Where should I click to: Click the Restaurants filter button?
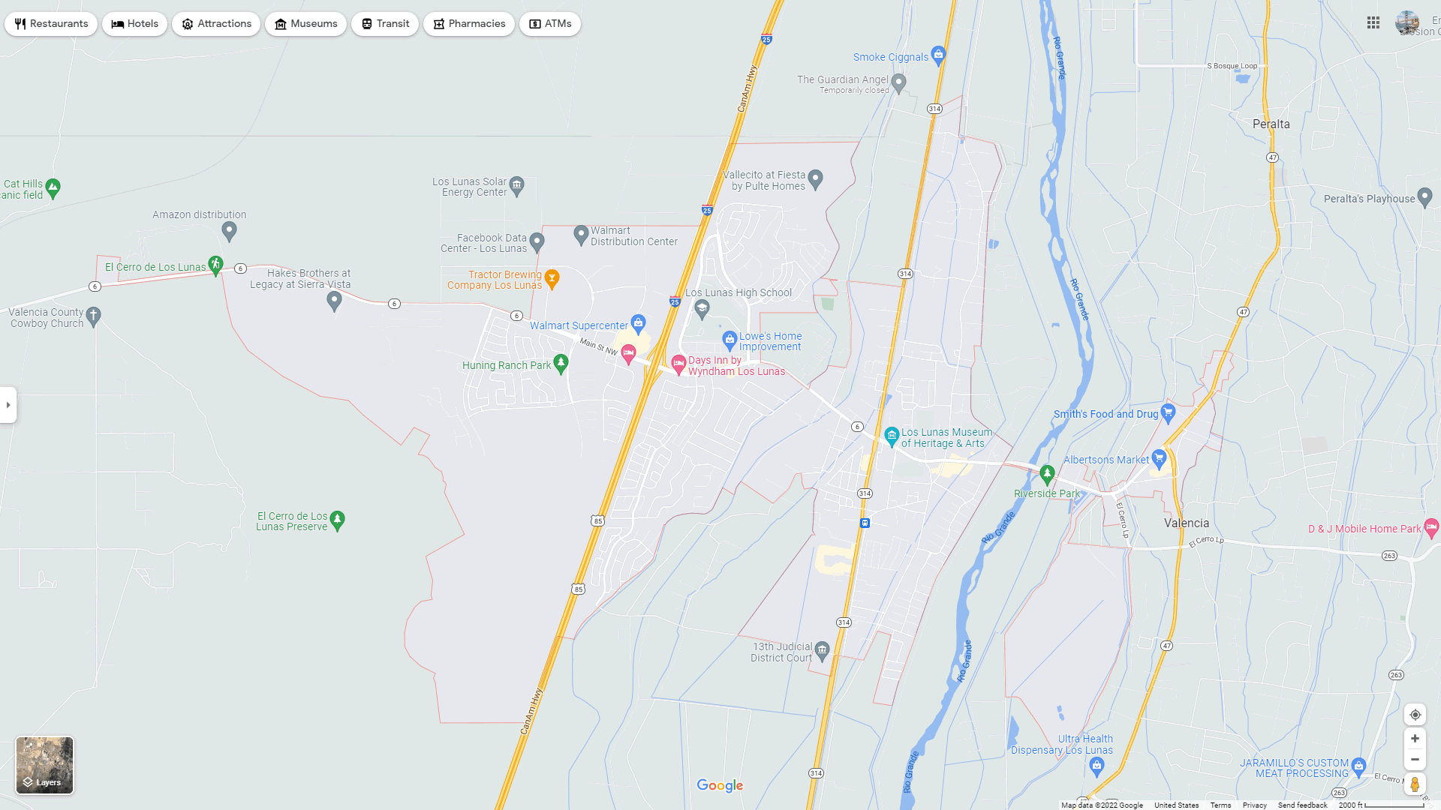point(51,24)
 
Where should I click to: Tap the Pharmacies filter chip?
point(468,24)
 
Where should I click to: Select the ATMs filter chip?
point(550,24)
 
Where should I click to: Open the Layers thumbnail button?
point(45,765)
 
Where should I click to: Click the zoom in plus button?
point(1415,739)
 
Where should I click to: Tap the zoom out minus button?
point(1415,760)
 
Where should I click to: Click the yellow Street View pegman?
point(1415,784)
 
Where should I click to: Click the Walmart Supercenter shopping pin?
point(638,324)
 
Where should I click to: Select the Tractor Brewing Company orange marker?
point(552,278)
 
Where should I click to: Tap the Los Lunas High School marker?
point(702,307)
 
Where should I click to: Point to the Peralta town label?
point(1271,124)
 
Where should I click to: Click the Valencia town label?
point(1187,523)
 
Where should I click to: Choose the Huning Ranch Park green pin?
point(561,364)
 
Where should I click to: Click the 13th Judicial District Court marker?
point(823,650)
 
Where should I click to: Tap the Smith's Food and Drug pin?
point(1168,412)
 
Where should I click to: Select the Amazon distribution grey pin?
point(230,230)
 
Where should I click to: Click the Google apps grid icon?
point(1373,23)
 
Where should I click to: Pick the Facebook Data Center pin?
point(537,241)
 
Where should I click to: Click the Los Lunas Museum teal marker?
point(892,436)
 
